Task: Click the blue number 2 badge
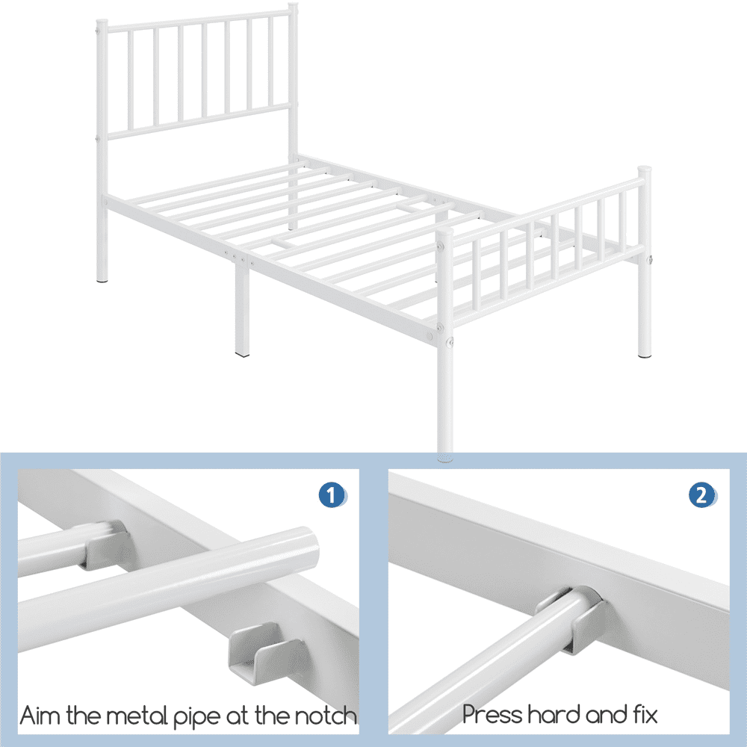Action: coord(701,495)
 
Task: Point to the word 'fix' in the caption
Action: coord(642,714)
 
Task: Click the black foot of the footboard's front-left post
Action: coord(445,453)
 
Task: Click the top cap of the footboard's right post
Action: coord(643,170)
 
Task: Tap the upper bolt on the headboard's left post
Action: coord(99,32)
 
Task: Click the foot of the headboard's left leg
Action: coord(103,279)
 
